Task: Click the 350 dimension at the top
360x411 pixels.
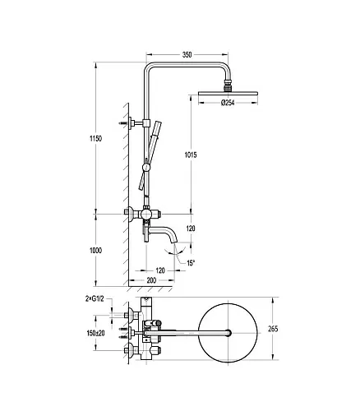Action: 187,55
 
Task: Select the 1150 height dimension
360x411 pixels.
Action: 95,139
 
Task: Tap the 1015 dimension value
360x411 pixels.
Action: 191,155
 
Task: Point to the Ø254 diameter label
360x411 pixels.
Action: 228,103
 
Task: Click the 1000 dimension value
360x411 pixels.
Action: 95,251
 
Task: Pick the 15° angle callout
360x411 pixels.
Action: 191,263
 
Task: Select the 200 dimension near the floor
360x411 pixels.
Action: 151,280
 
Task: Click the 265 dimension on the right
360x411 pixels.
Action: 273,329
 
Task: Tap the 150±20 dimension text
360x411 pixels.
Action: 95,333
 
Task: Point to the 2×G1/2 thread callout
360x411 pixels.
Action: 95,299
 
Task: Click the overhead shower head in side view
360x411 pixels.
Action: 228,93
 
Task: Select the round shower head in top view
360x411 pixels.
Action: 228,333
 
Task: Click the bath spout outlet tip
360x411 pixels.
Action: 174,242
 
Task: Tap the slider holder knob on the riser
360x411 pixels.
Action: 146,168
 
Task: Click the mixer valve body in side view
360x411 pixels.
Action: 146,214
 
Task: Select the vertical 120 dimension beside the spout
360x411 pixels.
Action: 191,229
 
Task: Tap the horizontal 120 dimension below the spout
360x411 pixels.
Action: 160,270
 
